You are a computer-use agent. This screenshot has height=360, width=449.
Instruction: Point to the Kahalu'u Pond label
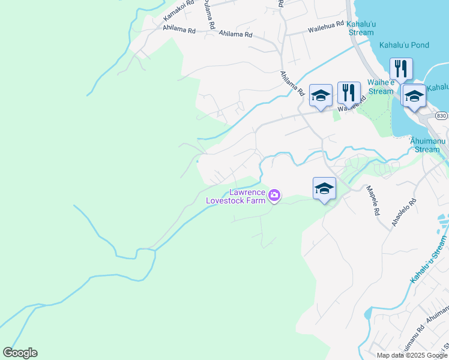point(403,45)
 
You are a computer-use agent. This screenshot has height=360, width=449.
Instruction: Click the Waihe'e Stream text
point(381,87)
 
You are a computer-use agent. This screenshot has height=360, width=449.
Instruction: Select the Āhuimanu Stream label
point(427,145)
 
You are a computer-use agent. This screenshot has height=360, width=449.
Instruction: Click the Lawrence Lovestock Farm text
point(235,196)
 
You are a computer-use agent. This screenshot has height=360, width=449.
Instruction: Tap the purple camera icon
point(274,194)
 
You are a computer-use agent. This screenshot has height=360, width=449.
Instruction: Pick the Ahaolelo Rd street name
point(403,212)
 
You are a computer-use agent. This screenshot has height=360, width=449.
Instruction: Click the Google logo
point(20,353)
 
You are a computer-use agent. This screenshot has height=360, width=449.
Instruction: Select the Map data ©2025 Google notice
point(412,355)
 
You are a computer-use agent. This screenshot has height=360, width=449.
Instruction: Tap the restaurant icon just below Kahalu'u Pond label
point(400,69)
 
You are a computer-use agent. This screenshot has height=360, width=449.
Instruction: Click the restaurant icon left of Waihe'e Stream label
point(349,92)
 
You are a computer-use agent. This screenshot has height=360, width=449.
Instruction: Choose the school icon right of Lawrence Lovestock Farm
point(324,188)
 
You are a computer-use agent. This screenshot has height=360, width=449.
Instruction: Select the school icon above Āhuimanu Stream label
point(414,95)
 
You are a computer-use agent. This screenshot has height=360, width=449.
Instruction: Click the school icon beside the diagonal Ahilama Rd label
point(321,95)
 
